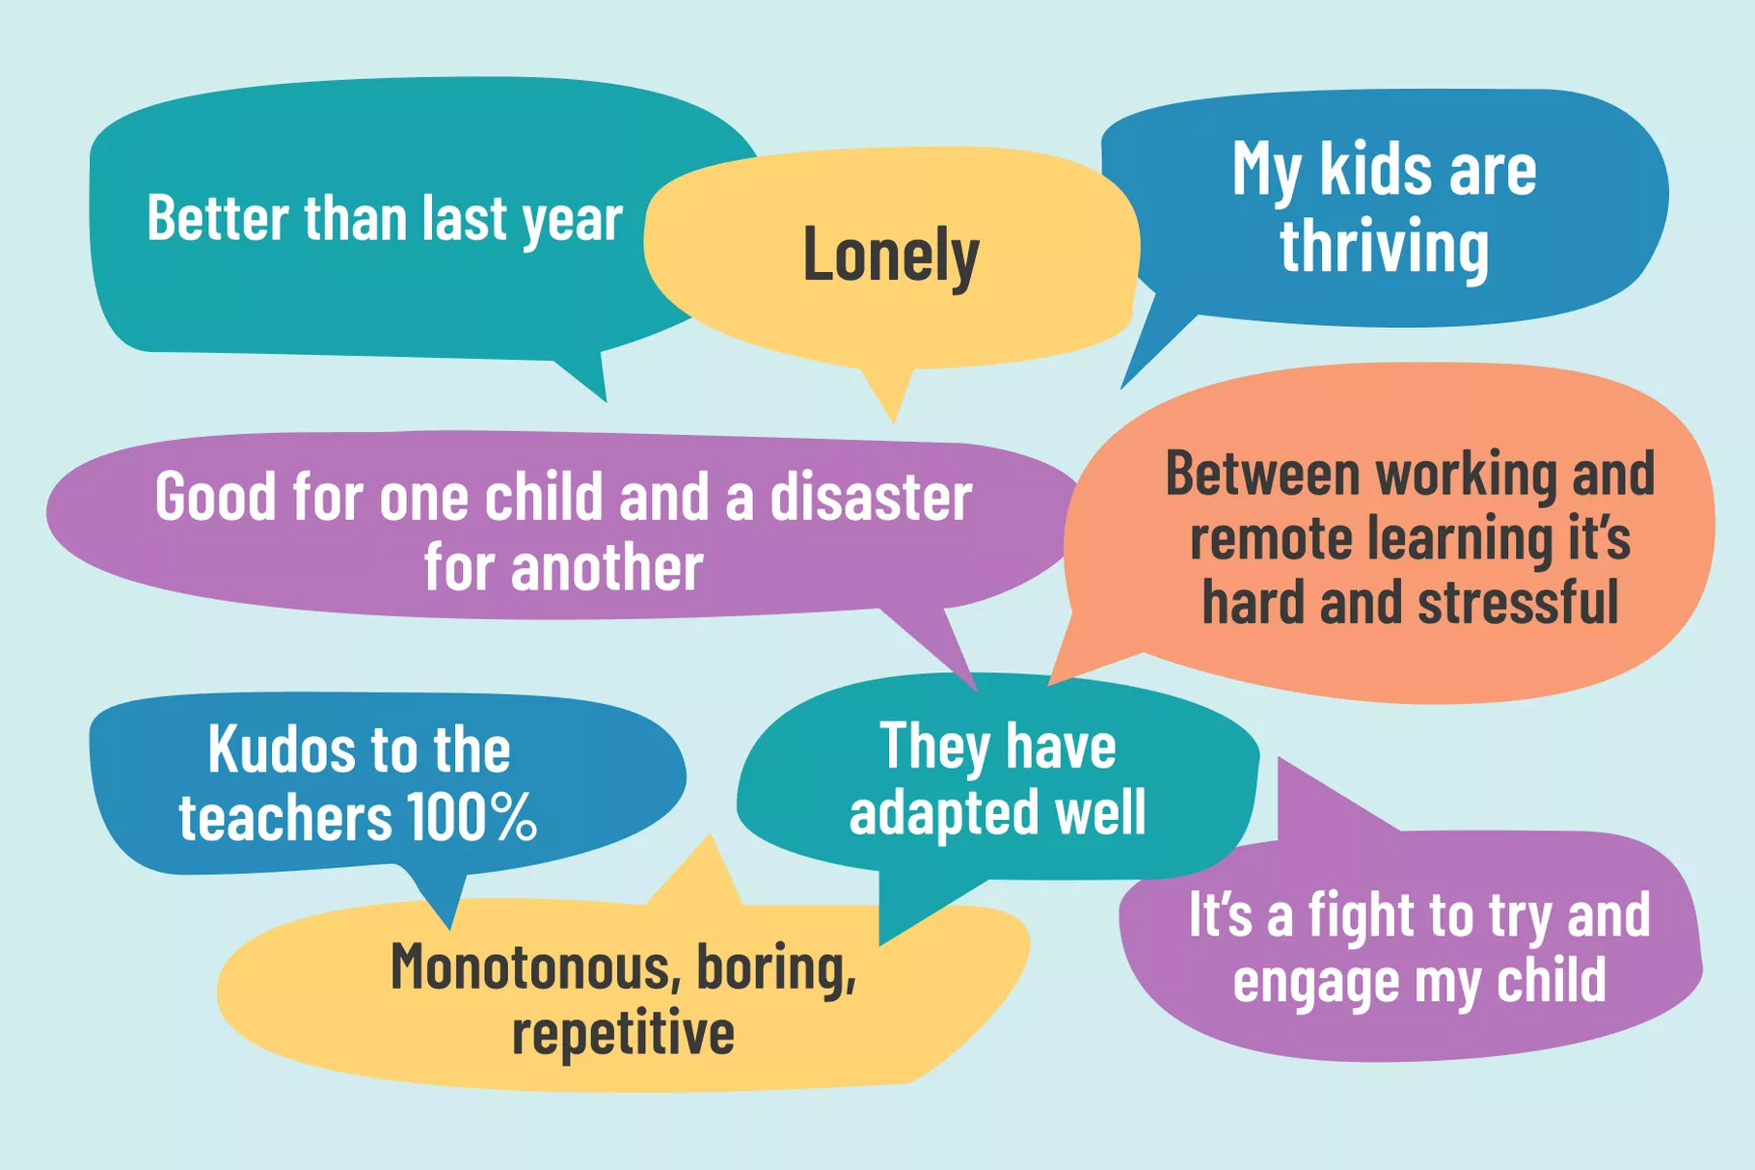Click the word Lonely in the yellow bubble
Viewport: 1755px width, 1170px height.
point(891,256)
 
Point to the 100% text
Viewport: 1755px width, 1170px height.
point(472,817)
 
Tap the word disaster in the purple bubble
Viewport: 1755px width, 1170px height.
point(872,497)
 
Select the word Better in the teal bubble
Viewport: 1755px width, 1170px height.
point(218,218)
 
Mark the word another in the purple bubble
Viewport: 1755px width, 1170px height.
point(607,567)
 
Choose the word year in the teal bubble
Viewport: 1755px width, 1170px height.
point(573,220)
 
